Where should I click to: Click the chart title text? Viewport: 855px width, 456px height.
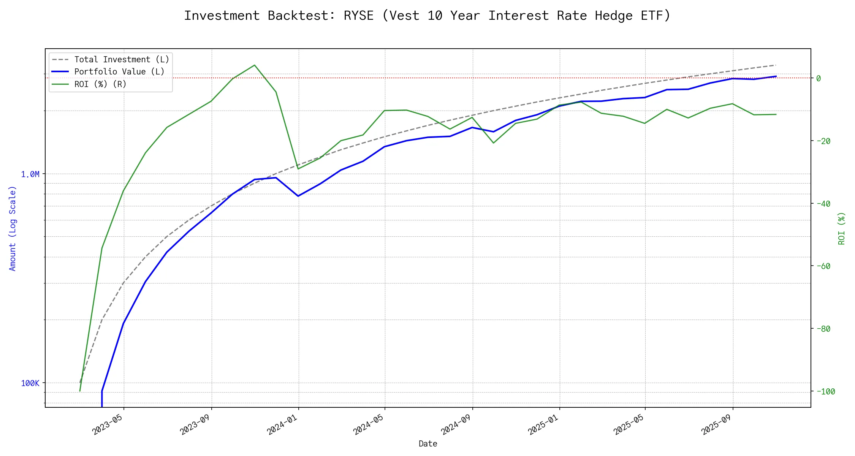click(427, 16)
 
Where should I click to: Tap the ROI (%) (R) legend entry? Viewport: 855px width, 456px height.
click(100, 84)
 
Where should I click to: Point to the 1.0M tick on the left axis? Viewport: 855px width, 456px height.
click(30, 174)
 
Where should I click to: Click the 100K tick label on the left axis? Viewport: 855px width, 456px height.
click(30, 383)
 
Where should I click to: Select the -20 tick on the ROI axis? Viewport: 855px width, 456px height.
click(823, 141)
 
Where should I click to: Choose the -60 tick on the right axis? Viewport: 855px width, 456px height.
click(823, 266)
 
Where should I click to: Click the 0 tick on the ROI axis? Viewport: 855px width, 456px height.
click(819, 78)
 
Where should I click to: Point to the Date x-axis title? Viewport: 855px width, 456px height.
click(428, 444)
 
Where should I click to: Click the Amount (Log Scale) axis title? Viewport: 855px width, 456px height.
click(13, 228)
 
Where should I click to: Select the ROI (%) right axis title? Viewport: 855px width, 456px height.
click(842, 228)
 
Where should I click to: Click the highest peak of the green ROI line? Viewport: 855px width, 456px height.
click(254, 65)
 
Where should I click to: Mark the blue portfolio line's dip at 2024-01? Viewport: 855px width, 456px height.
click(298, 196)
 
